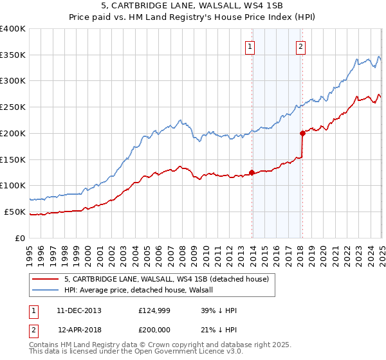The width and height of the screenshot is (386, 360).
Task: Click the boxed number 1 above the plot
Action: [x=249, y=46]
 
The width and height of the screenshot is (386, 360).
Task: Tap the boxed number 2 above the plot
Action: [x=300, y=46]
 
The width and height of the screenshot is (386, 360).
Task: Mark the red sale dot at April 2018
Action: [x=302, y=134]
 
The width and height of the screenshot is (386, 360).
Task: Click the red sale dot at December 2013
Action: [x=252, y=173]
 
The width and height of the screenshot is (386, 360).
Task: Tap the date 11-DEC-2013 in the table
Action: [x=79, y=311]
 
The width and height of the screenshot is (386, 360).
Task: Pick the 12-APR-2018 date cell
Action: [x=79, y=330]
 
